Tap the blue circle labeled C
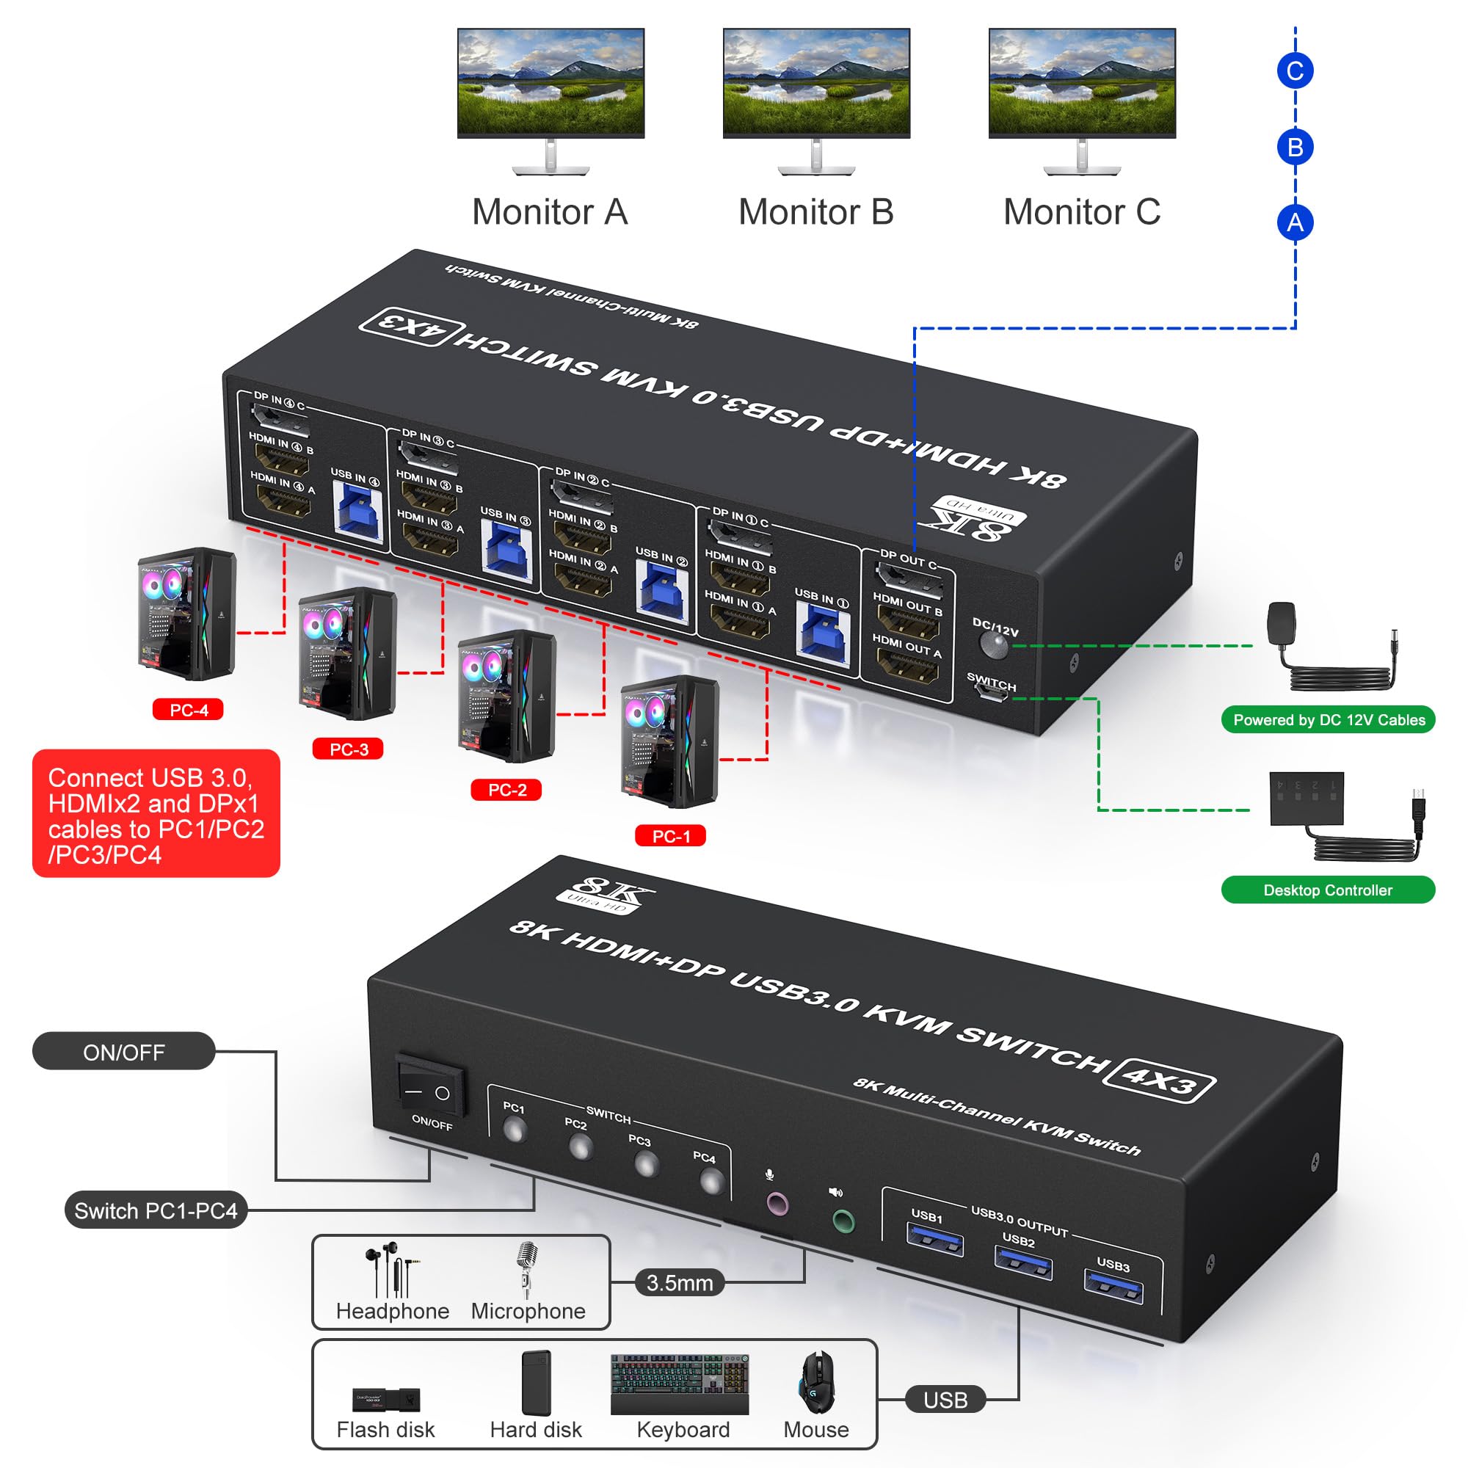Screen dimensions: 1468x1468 tap(1295, 70)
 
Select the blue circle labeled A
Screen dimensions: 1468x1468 tap(1295, 222)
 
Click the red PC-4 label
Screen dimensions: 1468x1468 tap(188, 710)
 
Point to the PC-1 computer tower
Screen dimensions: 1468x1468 tap(669, 741)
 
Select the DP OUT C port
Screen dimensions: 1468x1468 tap(910, 582)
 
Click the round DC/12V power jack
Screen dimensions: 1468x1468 tap(994, 646)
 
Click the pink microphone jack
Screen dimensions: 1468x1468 tap(777, 1204)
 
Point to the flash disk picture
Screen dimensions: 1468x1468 tap(386, 1399)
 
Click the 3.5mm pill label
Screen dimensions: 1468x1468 tap(679, 1282)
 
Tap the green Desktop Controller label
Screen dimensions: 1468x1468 tap(1327, 890)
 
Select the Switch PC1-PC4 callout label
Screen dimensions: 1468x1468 tap(156, 1211)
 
